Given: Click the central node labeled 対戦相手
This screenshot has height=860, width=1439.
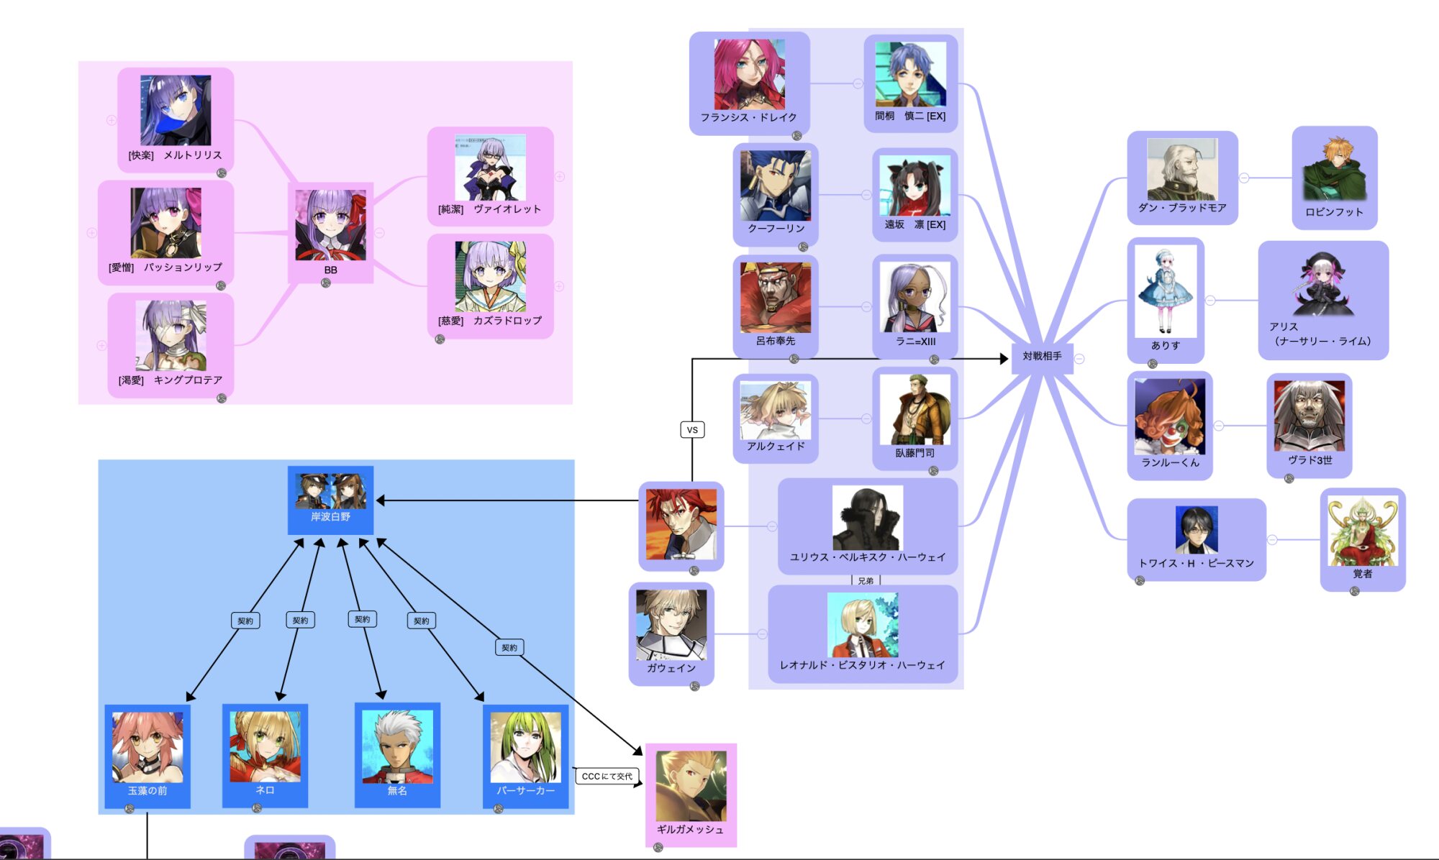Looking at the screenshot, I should tap(1042, 357).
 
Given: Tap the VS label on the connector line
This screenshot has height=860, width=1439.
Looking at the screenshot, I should tap(692, 430).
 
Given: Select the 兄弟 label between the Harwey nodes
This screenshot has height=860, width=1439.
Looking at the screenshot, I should tap(866, 581).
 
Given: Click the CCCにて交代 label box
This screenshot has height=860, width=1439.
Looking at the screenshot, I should tap(607, 777).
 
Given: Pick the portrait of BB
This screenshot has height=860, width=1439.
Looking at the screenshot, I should tap(330, 225).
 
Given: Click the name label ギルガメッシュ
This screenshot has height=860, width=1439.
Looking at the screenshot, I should tap(690, 830).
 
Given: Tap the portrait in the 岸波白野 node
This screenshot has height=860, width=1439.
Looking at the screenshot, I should tap(330, 491).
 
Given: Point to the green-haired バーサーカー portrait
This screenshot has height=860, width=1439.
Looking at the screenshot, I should tap(525, 747).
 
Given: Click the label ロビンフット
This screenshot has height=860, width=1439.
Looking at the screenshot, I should tap(1334, 212).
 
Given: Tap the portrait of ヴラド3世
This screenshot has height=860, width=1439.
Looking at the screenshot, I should tap(1309, 416).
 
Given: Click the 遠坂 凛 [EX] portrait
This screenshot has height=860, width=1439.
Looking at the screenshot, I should tap(914, 188).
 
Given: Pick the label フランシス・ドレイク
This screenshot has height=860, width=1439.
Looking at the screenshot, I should tap(749, 117).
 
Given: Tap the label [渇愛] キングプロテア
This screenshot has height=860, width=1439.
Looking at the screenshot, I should tap(171, 380).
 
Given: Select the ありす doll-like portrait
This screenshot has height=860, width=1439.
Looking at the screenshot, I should tap(1166, 291).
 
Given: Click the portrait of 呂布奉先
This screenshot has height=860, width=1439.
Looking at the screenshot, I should tap(775, 298).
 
